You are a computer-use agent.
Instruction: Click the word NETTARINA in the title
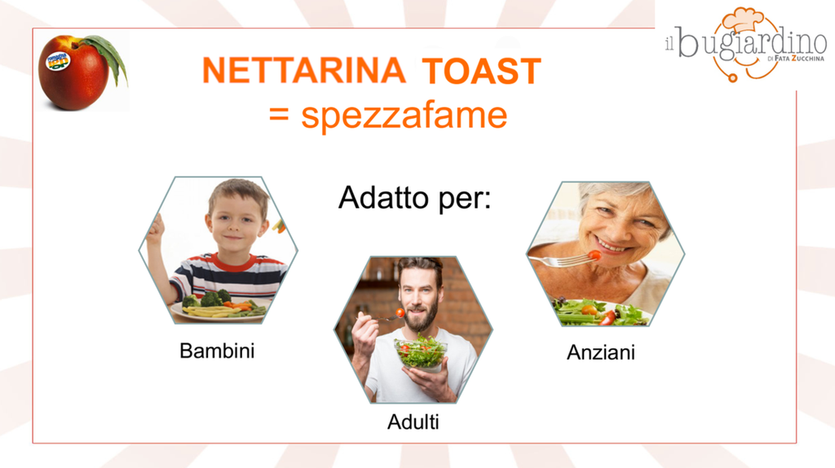pos(304,71)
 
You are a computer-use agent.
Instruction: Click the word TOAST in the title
pos(481,71)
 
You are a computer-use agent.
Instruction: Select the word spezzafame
pos(404,116)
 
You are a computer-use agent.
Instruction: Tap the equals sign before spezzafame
pos(279,114)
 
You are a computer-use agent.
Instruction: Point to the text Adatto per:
pos(414,198)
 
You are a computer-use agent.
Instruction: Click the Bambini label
pos(217,351)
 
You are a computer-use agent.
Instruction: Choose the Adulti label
pos(413,422)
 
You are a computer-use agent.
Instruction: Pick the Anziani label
pos(601,352)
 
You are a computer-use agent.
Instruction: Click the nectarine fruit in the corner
pos(74,73)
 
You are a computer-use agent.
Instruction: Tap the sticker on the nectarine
pos(58,60)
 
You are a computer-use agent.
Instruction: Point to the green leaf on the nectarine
pos(108,56)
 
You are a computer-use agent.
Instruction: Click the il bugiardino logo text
pos(745,42)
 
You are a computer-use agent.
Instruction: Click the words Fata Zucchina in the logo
pos(799,59)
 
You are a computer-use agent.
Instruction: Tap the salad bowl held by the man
pos(421,352)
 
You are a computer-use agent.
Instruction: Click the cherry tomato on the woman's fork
pos(594,255)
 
